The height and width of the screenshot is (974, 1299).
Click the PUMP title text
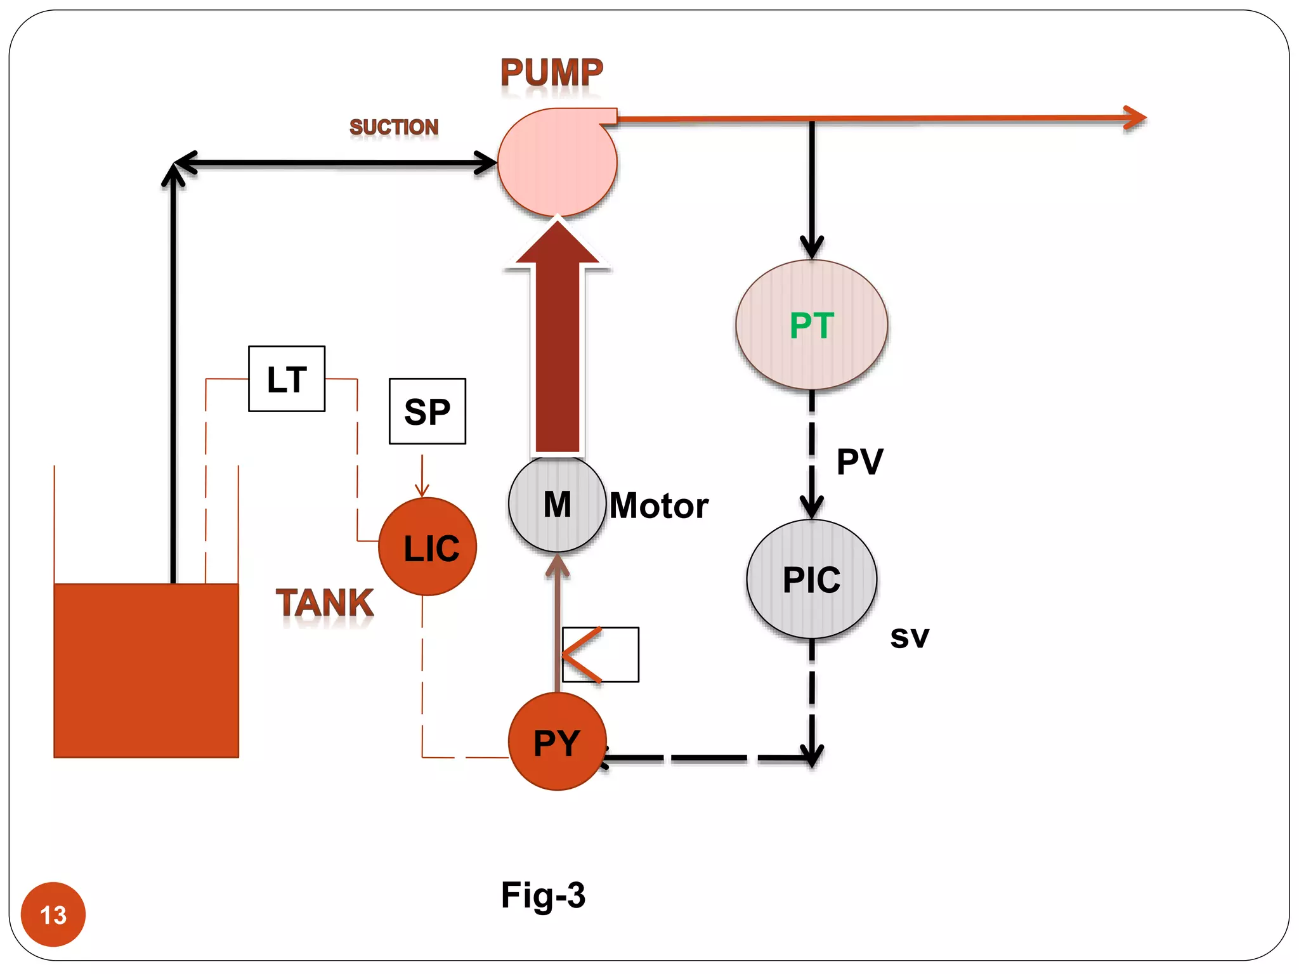tap(551, 72)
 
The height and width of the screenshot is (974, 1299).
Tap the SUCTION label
tap(394, 127)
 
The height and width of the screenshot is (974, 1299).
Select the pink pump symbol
tap(557, 163)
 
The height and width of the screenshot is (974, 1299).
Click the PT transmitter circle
tap(811, 325)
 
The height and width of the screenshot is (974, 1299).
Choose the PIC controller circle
tap(811, 579)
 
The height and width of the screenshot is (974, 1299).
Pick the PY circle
tap(557, 741)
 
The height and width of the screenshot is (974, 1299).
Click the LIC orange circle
tap(428, 547)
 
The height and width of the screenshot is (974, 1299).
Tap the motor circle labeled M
tap(557, 504)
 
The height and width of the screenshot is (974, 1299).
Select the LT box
tap(287, 379)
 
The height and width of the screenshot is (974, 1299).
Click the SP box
tap(427, 412)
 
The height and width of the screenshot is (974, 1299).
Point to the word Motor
tap(658, 506)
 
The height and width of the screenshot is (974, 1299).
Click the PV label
tap(859, 461)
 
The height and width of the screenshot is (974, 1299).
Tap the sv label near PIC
tap(909, 637)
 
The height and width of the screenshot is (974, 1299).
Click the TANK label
tap(325, 602)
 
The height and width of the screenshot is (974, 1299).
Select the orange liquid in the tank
tap(146, 670)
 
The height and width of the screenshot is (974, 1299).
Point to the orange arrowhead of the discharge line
tap(1135, 118)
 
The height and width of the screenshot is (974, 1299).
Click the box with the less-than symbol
tap(601, 654)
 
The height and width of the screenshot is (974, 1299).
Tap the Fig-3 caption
tap(543, 895)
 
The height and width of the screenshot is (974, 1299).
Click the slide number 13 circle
tap(53, 914)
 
